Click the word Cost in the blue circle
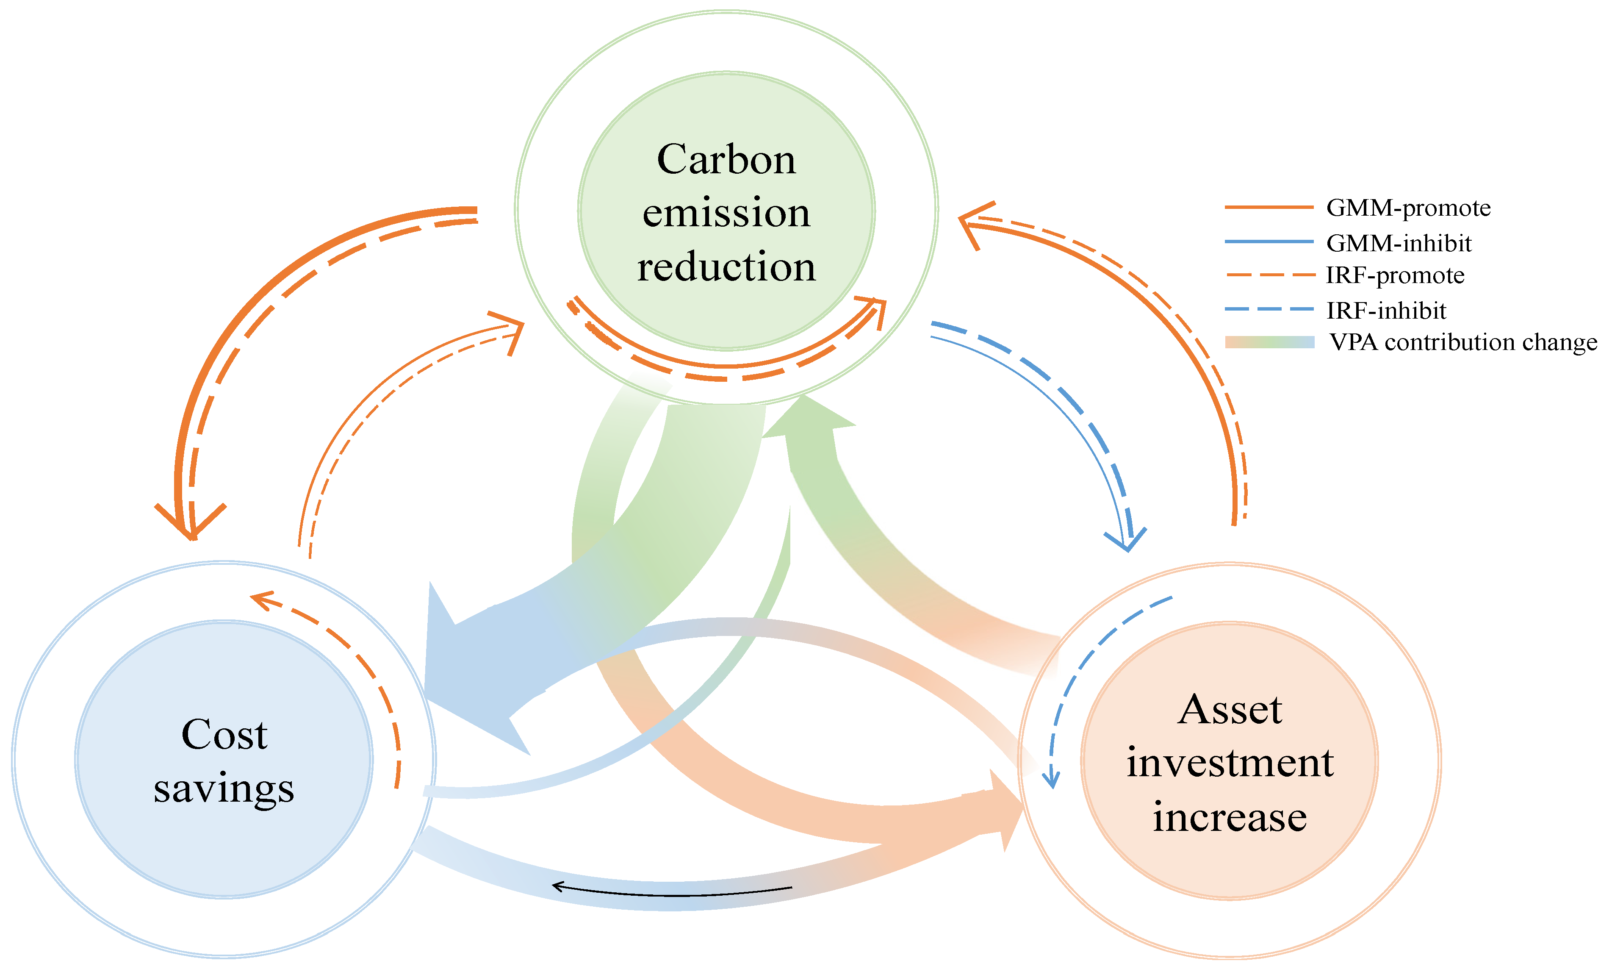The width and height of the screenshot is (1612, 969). click(x=224, y=735)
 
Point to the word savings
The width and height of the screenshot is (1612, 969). click(x=224, y=789)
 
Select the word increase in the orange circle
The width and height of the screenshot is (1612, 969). click(x=1230, y=817)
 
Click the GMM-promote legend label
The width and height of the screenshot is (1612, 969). click(x=1408, y=208)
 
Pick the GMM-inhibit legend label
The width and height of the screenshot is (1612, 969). click(x=1399, y=243)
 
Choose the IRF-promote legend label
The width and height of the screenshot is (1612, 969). click(x=1395, y=275)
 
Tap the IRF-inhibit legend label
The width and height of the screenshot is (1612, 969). click(x=1386, y=310)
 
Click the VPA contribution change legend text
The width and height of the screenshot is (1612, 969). click(x=1463, y=342)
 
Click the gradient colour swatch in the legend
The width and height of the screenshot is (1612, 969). click(x=1269, y=342)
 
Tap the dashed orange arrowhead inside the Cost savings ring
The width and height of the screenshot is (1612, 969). click(x=261, y=600)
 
